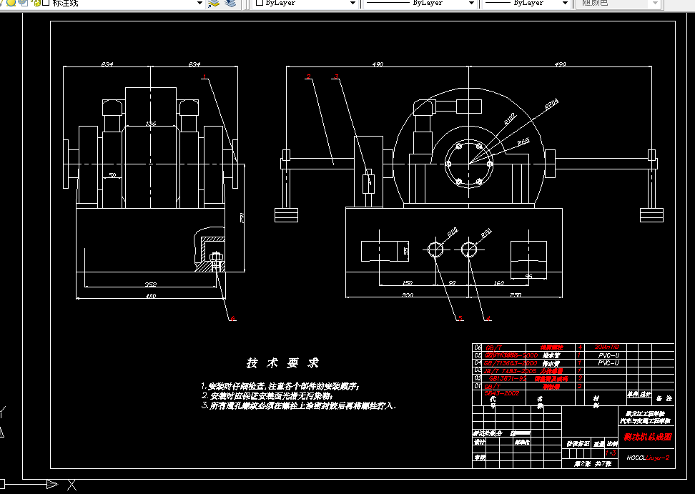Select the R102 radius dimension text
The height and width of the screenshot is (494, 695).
tap(509, 117)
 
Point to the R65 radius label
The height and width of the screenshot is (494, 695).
tap(523, 142)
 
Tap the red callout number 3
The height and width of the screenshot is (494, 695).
tap(336, 76)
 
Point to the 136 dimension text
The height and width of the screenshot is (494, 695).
tap(150, 124)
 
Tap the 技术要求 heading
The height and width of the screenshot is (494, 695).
tap(283, 363)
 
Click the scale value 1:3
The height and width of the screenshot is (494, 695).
tap(610, 453)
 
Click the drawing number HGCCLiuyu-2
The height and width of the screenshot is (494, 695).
tap(647, 457)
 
